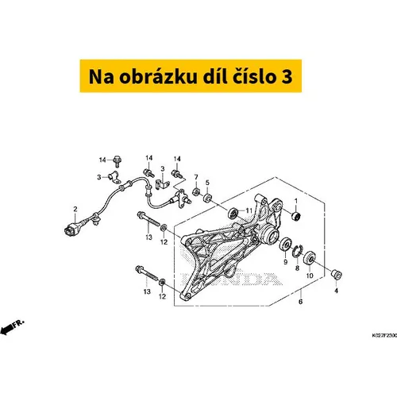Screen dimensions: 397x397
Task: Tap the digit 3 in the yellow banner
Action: click(287, 77)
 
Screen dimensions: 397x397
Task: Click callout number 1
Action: click(296, 201)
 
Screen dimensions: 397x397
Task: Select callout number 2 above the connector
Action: click(75, 209)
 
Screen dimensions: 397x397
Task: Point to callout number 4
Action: click(336, 291)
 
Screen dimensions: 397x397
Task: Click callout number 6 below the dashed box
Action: click(300, 302)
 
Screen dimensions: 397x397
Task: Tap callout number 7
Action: click(196, 177)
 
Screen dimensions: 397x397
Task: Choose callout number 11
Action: click(249, 210)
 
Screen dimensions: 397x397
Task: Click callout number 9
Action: click(285, 262)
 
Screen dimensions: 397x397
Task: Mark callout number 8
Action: click(297, 268)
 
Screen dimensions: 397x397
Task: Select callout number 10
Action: click(310, 276)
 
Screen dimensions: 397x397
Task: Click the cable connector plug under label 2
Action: click(71, 229)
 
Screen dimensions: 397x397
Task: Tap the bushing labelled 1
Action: click(296, 216)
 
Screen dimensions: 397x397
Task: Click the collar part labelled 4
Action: click(337, 274)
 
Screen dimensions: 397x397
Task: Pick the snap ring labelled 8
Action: click(297, 251)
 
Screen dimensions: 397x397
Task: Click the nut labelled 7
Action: click(196, 191)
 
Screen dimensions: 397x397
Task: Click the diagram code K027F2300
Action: click(384, 336)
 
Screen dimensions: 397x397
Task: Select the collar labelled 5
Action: click(207, 198)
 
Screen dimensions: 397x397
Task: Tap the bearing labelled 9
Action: click(286, 244)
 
